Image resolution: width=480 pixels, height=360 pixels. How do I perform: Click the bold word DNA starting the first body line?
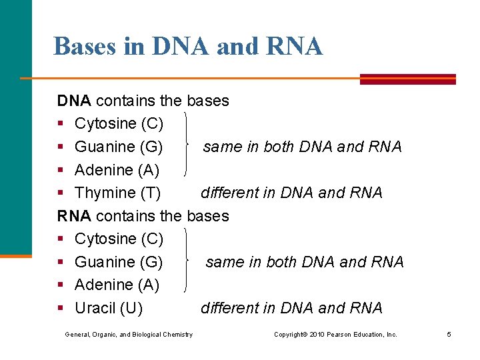point(75,101)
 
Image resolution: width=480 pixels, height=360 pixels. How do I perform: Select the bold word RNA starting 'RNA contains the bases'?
point(75,216)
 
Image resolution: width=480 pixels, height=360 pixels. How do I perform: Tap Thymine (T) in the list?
point(117,193)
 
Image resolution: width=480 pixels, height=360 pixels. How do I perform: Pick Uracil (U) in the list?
point(108,308)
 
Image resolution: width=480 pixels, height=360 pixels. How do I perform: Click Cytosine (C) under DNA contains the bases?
point(119,124)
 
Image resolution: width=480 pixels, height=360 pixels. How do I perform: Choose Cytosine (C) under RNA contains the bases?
point(119,239)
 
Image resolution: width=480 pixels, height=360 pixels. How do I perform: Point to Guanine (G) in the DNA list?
point(119,147)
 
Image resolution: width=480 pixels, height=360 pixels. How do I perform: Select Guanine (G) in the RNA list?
point(119,262)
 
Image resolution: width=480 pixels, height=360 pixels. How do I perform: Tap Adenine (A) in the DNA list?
point(117,170)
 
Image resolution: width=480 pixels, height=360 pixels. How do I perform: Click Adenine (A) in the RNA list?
point(117,285)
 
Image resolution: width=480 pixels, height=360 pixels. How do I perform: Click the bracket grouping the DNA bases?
point(186,147)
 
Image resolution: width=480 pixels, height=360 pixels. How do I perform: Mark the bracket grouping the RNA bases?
point(186,261)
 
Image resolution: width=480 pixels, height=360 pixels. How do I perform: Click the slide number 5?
point(449,334)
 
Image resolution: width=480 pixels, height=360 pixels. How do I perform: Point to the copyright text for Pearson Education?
point(335,334)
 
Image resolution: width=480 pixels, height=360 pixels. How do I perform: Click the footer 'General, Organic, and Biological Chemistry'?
point(129,334)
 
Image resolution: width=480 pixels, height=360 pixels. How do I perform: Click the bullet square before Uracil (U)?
point(61,309)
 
